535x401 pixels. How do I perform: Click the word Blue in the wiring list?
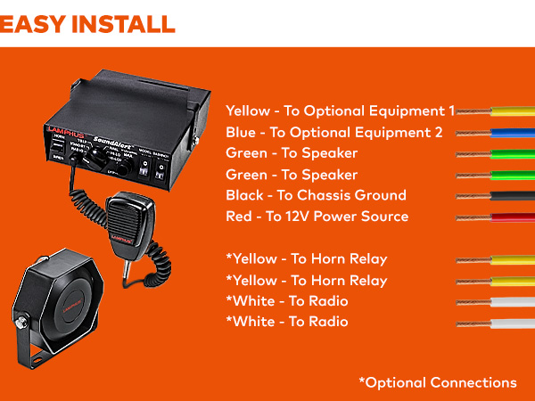pos(242,133)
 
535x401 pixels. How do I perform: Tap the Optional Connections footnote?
pos(437,382)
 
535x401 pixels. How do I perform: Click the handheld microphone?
pos(123,218)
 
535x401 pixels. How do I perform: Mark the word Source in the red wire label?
pos(386,217)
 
